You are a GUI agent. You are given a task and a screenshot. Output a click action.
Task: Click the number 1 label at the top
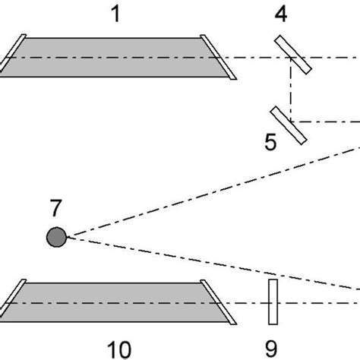coord(116,13)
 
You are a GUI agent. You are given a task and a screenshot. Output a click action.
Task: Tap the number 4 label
coord(280,13)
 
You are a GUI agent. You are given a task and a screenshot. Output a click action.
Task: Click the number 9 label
coord(272,349)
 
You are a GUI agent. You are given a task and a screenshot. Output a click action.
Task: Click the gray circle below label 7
coord(55,238)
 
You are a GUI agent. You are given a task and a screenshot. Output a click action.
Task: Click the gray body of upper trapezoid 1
coord(114,57)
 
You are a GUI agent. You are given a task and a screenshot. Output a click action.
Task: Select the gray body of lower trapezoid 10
coord(114,301)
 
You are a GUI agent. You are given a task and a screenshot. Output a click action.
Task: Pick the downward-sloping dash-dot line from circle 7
coord(213,265)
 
